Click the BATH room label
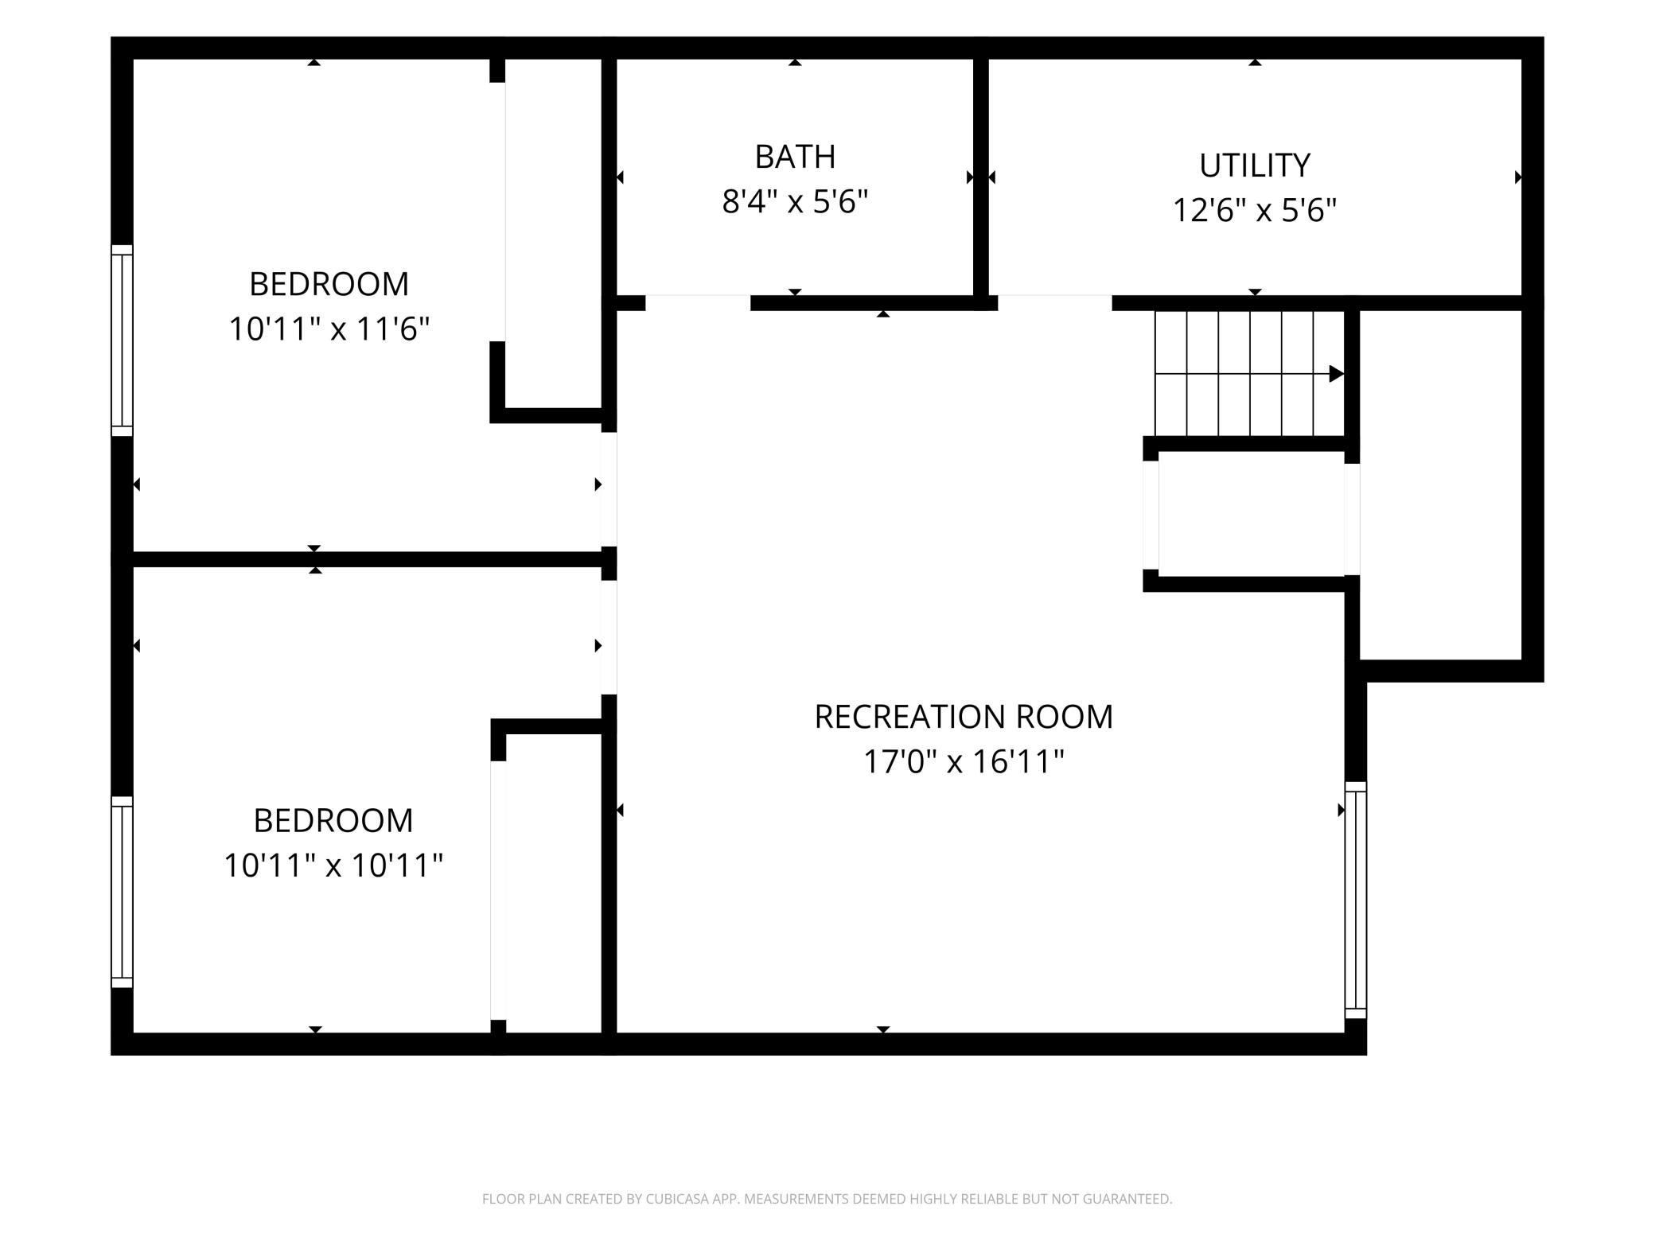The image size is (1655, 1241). point(795,157)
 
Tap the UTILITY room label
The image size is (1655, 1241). point(1255,165)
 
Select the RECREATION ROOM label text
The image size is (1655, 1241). point(964,717)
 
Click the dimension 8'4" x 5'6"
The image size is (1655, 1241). point(795,202)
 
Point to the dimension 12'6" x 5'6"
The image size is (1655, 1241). point(1255,211)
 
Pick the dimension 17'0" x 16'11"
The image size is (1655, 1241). point(964,762)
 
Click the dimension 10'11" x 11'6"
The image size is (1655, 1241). point(329,329)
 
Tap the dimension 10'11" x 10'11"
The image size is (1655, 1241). point(333,865)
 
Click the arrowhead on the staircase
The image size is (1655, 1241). point(1337,374)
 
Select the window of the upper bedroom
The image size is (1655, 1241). point(122,340)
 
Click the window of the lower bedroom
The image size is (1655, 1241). point(122,892)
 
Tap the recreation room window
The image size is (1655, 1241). point(1356,900)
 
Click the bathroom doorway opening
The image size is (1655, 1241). point(698,302)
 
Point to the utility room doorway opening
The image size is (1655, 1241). point(1055,302)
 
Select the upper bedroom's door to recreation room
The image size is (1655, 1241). point(609,489)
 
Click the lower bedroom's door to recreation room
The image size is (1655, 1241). point(609,637)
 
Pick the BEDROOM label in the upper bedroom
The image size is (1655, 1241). point(329,284)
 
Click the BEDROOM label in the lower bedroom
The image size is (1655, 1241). point(333,820)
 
